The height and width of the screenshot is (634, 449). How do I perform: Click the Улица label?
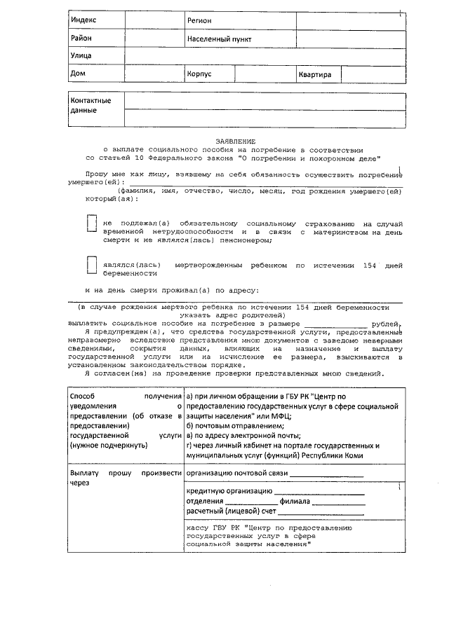point(81,55)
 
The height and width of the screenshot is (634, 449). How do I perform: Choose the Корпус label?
point(199,74)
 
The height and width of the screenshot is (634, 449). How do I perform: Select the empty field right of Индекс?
point(154,22)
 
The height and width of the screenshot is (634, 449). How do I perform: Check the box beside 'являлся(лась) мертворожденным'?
point(91,266)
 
